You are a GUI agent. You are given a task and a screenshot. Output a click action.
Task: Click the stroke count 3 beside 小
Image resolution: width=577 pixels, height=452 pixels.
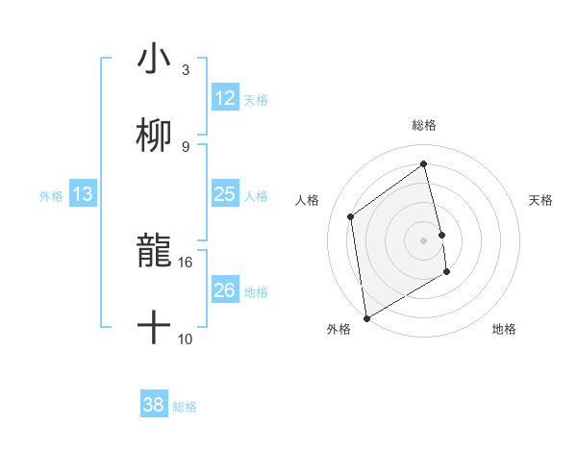pos(185,69)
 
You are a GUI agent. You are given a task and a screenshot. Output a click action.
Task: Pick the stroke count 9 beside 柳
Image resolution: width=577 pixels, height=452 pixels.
pos(185,146)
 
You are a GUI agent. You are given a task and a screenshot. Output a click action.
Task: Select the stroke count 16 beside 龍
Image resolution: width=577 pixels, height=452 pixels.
pos(186,262)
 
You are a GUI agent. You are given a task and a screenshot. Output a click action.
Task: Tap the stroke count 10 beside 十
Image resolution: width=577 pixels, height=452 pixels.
pos(186,339)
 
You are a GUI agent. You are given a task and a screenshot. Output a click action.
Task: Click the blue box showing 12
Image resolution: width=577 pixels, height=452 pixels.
pos(224,98)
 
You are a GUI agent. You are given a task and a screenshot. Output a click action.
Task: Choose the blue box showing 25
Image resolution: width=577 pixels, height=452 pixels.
pos(224,194)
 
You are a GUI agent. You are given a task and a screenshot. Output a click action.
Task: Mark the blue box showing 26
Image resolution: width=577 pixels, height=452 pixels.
pos(224,290)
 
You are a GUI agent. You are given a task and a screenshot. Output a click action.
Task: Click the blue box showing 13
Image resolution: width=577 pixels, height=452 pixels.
pos(82,194)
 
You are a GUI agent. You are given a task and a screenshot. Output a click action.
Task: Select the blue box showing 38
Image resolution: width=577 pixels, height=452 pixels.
pos(153,406)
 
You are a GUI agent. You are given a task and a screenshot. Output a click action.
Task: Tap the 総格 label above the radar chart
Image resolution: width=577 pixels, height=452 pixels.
pos(424,125)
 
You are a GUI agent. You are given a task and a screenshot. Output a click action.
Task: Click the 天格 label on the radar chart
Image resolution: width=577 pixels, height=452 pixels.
pos(541,200)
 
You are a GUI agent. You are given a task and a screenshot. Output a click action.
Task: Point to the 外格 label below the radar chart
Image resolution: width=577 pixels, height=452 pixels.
pos(339,330)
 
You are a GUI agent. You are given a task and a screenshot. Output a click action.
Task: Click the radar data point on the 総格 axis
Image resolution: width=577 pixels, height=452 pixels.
pos(424,163)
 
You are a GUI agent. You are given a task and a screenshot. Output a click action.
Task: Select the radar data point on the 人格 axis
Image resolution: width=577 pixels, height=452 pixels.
pos(351,216)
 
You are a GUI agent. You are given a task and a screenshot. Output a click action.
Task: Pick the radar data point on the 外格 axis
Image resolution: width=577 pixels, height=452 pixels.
pos(366,318)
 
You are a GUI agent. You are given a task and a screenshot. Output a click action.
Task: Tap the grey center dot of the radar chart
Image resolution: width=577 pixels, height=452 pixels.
pos(424,239)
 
